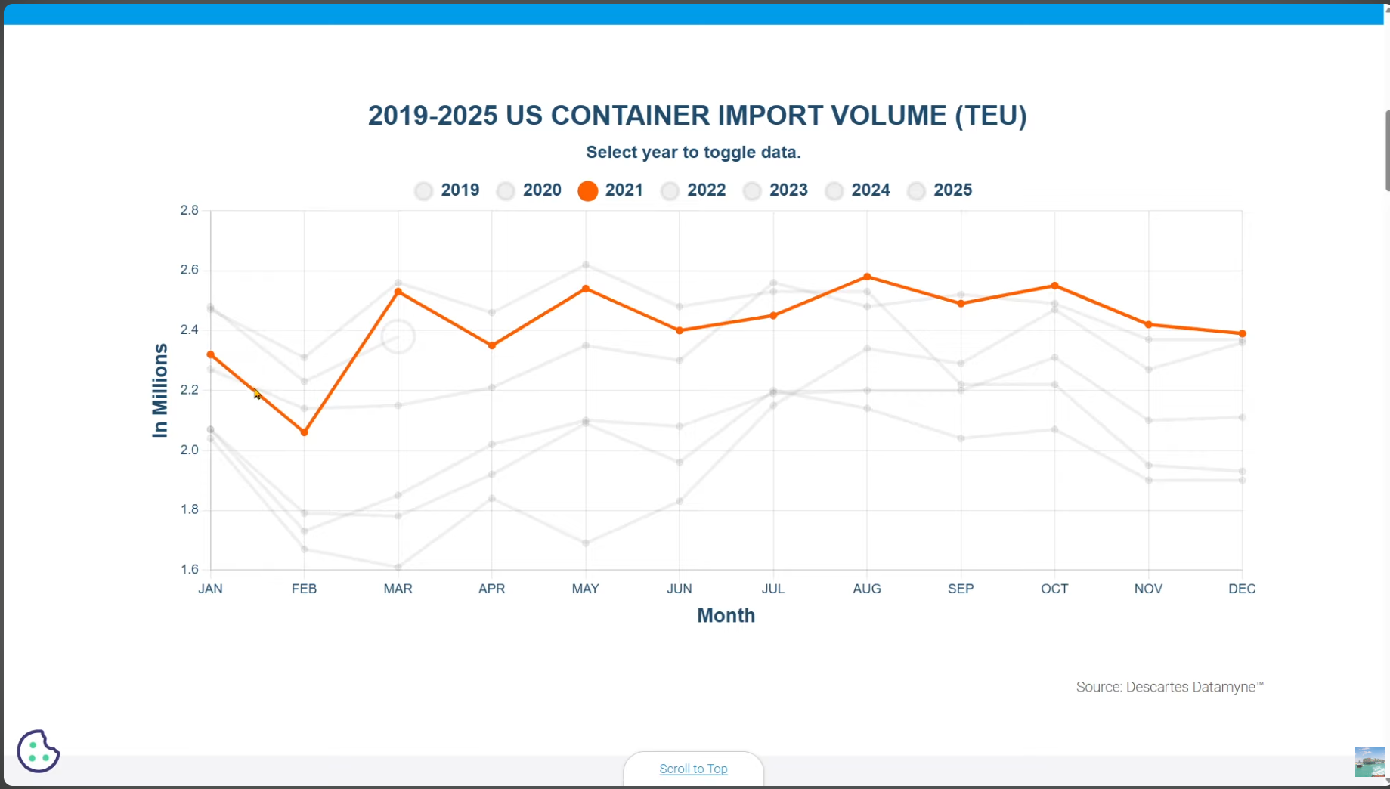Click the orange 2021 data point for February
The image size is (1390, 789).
coord(305,432)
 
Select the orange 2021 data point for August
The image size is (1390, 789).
coord(867,277)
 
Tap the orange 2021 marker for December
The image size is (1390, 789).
coord(1242,333)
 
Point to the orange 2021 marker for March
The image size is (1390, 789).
coord(398,292)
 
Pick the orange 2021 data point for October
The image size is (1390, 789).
coord(1054,286)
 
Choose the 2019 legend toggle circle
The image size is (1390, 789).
coord(423,191)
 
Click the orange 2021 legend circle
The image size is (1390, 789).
coord(587,191)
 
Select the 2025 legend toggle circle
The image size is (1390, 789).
coord(916,191)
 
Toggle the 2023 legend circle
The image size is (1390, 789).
coord(752,191)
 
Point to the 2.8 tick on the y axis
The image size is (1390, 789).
coord(189,210)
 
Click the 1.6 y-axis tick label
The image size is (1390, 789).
coord(189,569)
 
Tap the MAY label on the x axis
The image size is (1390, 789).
coord(585,589)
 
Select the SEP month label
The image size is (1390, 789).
coord(961,589)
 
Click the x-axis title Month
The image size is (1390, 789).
coord(726,615)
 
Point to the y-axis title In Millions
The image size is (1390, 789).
coord(159,391)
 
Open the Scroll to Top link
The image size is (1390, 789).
coord(693,769)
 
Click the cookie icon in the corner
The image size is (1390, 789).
coord(38,750)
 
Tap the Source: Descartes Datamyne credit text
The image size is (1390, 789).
coord(1169,687)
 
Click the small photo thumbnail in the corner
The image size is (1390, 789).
coord(1370,762)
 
